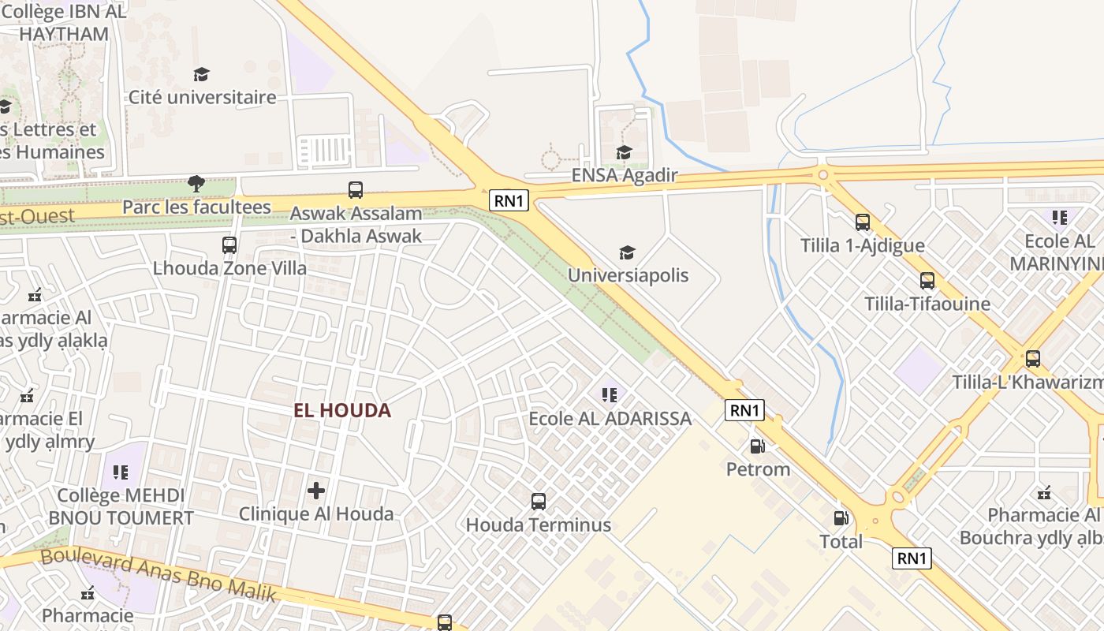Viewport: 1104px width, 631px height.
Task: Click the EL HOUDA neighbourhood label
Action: [342, 410]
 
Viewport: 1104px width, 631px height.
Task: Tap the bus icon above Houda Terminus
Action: [539, 501]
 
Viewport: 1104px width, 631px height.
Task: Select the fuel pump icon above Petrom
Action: [757, 446]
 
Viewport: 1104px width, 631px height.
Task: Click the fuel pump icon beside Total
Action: [841, 518]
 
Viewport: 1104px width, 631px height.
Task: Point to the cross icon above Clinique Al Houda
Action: [316, 491]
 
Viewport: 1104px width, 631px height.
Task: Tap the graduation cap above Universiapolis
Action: [627, 252]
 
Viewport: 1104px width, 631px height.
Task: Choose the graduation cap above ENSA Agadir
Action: [624, 152]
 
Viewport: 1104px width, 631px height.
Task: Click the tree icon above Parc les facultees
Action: [196, 184]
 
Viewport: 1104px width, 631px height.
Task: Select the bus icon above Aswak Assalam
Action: [356, 190]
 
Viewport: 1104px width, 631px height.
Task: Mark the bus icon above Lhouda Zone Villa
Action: [229, 245]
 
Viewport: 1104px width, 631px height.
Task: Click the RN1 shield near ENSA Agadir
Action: [509, 200]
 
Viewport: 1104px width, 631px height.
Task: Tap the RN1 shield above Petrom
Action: [745, 410]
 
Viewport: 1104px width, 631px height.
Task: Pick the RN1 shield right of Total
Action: [912, 558]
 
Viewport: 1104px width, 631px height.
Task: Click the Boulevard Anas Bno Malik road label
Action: [158, 573]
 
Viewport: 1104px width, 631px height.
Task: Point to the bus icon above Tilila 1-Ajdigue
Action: [863, 222]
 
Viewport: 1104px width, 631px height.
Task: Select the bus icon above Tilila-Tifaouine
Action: [927, 280]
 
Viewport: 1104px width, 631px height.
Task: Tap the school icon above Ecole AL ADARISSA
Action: [609, 394]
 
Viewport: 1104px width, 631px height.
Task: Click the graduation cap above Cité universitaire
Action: [202, 74]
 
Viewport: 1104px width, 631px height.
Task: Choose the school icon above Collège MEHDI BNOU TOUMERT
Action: [121, 472]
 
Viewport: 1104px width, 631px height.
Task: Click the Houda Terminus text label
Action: [539, 525]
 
